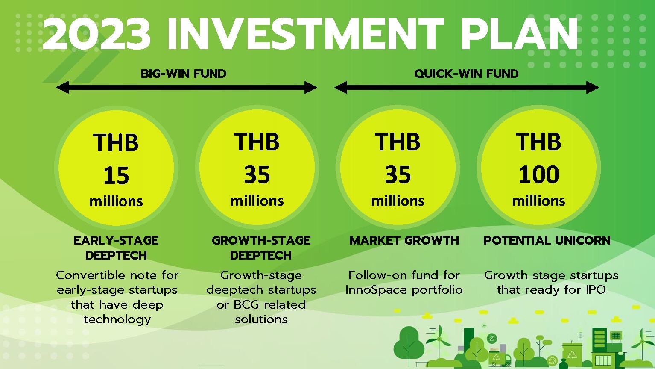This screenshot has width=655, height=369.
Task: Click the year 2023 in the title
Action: click(x=96, y=34)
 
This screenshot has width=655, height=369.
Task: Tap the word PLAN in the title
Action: click(x=520, y=34)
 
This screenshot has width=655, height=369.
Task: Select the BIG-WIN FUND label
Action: click(x=183, y=74)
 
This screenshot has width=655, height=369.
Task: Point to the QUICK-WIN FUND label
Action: click(x=466, y=74)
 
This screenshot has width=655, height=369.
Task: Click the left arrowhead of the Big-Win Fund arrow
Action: click(x=62, y=87)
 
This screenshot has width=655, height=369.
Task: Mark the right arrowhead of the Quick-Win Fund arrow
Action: click(x=592, y=87)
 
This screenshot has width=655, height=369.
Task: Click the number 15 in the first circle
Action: click(x=116, y=175)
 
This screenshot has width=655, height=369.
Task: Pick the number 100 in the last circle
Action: click(x=538, y=174)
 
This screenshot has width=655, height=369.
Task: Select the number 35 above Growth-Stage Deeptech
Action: click(x=257, y=174)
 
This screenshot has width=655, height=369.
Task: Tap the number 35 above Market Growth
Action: click(x=398, y=174)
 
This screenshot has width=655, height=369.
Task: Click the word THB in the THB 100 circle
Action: click(x=538, y=142)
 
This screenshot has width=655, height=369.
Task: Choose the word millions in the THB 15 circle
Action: click(x=116, y=201)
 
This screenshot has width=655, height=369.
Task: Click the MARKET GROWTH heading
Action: click(x=404, y=240)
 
